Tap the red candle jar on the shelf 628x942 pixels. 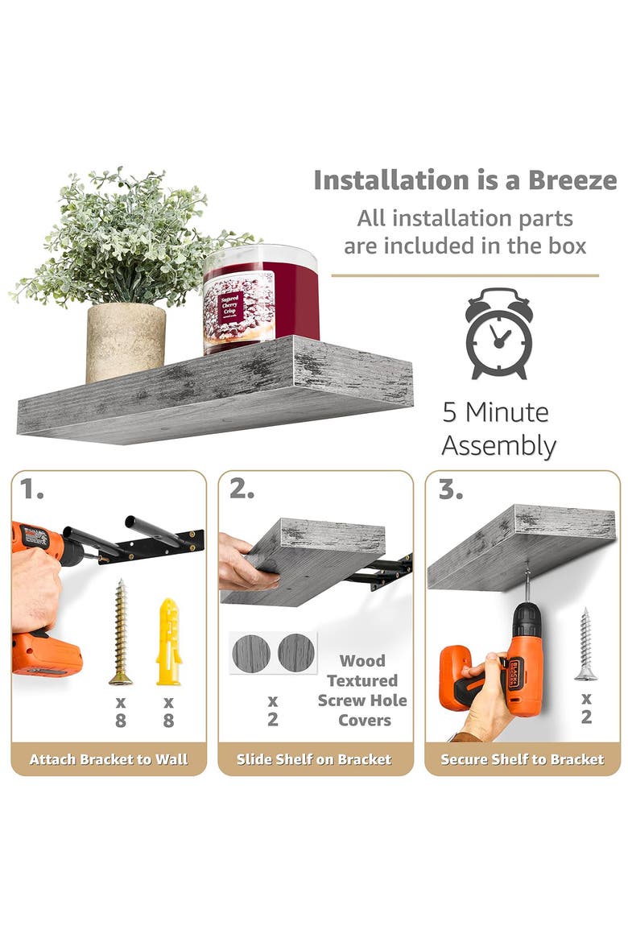[x=260, y=299]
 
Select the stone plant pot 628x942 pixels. [x=126, y=341]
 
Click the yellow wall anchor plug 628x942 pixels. [x=169, y=641]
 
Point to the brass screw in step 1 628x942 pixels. [x=121, y=632]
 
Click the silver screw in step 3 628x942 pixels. [x=585, y=644]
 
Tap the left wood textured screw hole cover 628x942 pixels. [x=250, y=653]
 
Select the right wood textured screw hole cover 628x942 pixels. [x=296, y=653]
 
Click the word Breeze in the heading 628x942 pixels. [x=572, y=180]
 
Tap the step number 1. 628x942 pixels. [x=31, y=490]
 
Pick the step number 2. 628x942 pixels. [x=242, y=490]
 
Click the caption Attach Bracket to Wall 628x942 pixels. [x=109, y=759]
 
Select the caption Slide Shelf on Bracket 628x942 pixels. [x=314, y=759]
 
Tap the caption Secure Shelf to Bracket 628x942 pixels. [x=523, y=759]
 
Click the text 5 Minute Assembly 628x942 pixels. [x=498, y=429]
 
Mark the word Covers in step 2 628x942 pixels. [x=364, y=721]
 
